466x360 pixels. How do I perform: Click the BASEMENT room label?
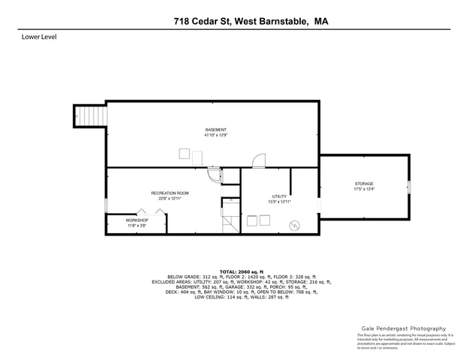(215, 130)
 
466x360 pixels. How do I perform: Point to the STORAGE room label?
(364, 184)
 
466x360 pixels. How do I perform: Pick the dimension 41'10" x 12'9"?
(215, 136)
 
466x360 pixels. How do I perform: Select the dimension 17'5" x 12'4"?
(364, 190)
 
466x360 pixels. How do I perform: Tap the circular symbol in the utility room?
(294, 224)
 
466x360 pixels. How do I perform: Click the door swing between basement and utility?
(258, 160)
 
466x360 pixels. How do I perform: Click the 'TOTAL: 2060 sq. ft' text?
(242, 271)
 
